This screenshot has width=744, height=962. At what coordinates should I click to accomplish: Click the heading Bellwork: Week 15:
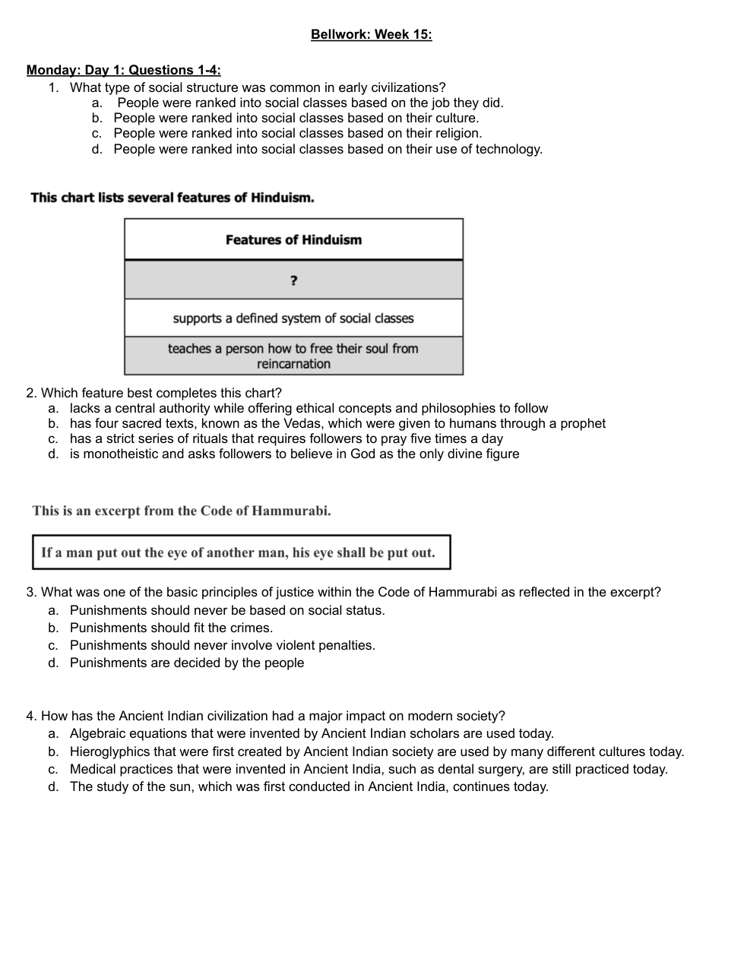pyautogui.click(x=371, y=34)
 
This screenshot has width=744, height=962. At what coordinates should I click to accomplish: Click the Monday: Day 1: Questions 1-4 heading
pyautogui.click(x=123, y=70)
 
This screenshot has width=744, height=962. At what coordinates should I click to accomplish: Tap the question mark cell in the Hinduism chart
pyautogui.click(x=293, y=280)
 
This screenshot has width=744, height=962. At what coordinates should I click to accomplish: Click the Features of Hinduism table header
pyautogui.click(x=293, y=240)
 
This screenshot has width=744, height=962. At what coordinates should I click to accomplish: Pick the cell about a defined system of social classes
pyautogui.click(x=293, y=318)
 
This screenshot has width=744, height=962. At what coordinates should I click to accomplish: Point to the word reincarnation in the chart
pyautogui.click(x=293, y=364)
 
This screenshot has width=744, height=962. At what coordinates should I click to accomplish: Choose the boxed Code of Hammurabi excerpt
pyautogui.click(x=240, y=552)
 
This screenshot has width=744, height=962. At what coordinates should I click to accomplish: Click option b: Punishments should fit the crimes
pyautogui.click(x=171, y=628)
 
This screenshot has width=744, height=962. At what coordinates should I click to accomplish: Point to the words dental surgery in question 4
pyautogui.click(x=479, y=769)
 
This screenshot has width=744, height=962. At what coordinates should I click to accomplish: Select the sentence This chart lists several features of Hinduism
pyautogui.click(x=173, y=198)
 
